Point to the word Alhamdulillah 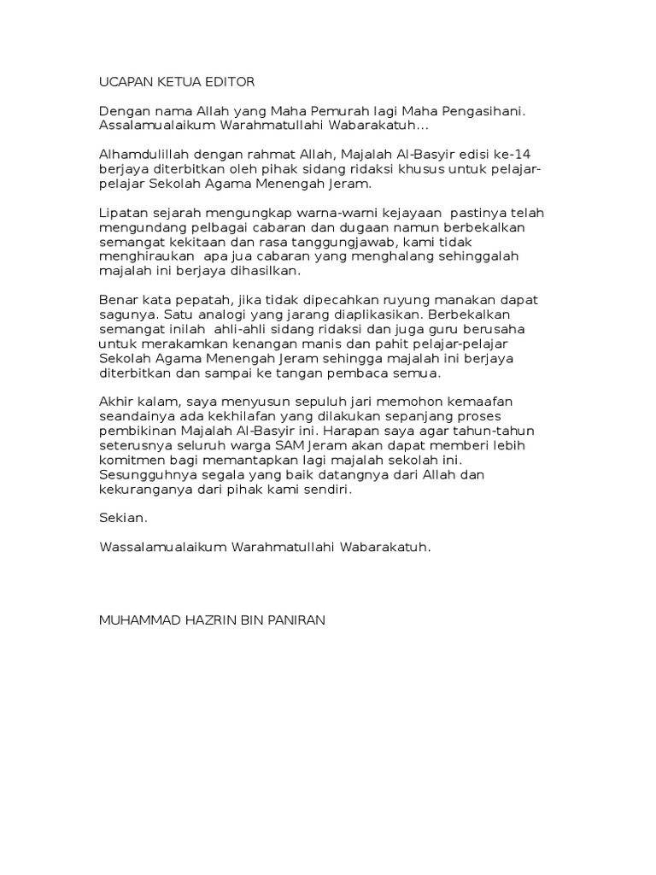pos(142,155)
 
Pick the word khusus pos(394,169)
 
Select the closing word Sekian pos(124,518)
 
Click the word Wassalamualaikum pos(162,547)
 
